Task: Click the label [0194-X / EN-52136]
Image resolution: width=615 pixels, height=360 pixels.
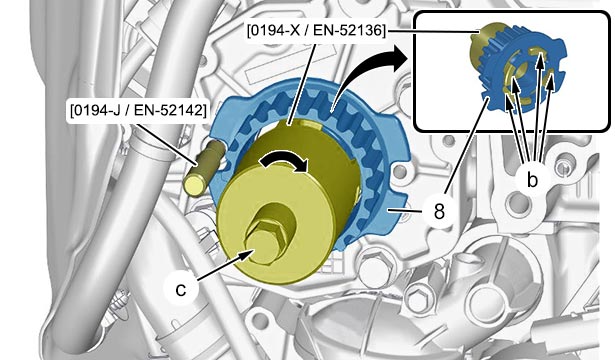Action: tap(316, 31)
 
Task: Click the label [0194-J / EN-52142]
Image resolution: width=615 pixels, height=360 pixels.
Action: tap(138, 110)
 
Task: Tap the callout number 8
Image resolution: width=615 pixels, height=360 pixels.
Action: tap(439, 211)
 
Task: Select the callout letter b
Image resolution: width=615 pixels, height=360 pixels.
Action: tap(532, 180)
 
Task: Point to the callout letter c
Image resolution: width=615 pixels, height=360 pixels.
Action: tap(181, 289)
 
